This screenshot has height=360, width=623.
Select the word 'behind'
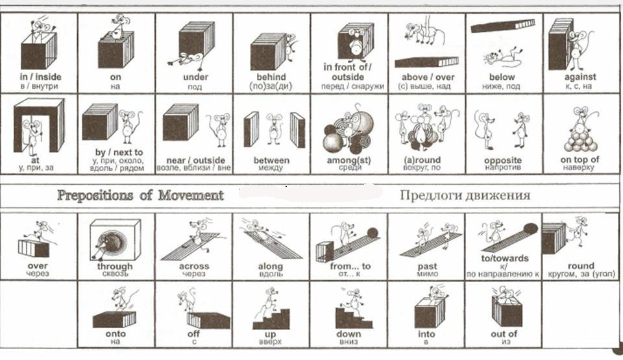271,77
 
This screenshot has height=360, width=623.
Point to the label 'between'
271,160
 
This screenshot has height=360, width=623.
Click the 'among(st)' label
349,160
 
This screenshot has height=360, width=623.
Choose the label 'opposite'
503,160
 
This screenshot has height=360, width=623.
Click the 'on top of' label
580,160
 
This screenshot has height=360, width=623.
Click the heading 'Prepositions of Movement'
140,195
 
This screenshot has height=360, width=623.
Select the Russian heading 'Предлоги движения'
465,195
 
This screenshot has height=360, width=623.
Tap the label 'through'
115,266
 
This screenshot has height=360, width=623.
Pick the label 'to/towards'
503,258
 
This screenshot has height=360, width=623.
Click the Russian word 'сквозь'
115,274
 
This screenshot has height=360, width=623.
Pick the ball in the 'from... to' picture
373,232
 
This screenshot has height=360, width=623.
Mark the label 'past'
426,266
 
